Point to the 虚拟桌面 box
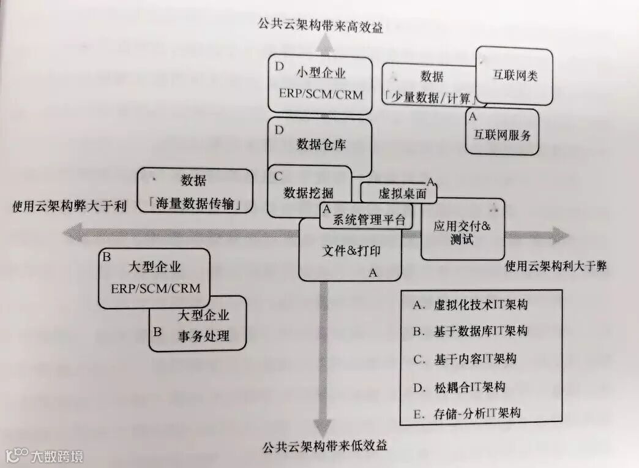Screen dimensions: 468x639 (x=398, y=193)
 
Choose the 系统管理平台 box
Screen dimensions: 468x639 (x=368, y=220)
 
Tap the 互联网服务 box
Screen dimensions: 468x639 (x=502, y=134)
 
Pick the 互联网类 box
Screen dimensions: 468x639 (x=515, y=75)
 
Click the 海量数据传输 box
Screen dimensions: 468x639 (x=194, y=192)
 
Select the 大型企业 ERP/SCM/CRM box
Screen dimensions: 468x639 (x=154, y=278)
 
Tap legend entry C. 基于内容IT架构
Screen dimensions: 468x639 (x=465, y=359)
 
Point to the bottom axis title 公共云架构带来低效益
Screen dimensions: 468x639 (x=326, y=445)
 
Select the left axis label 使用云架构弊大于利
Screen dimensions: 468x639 (x=69, y=206)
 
